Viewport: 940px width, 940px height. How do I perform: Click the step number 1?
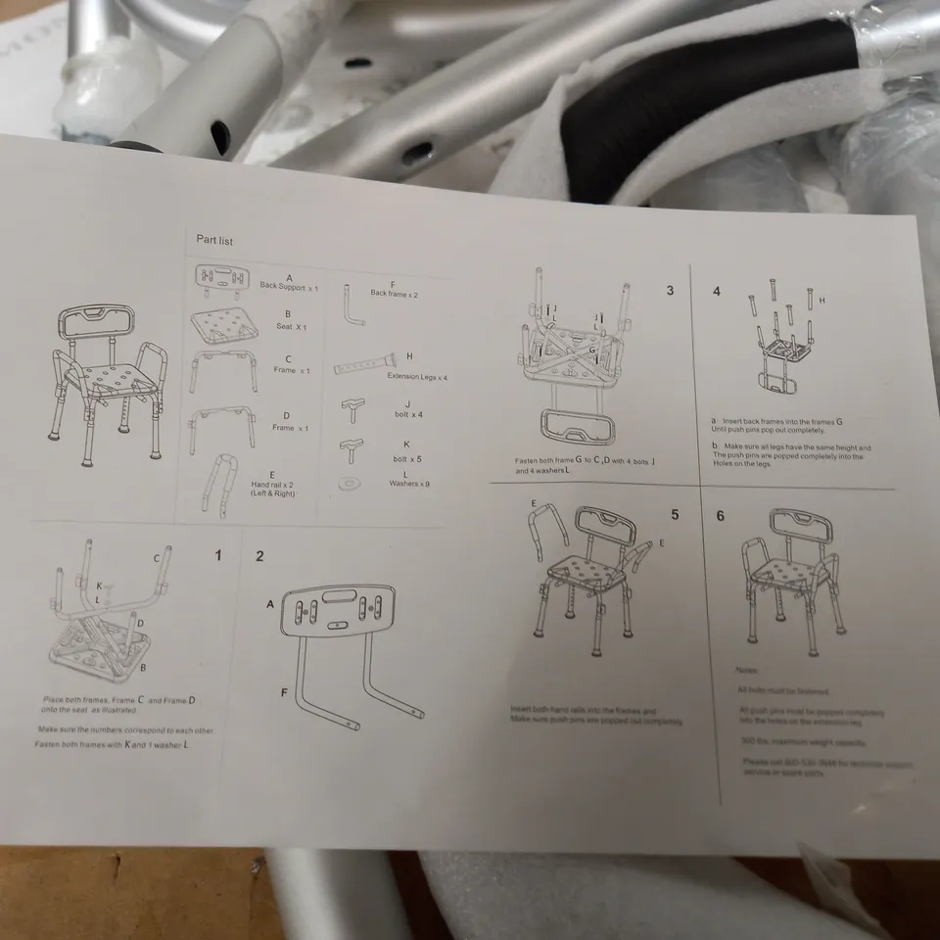(x=218, y=555)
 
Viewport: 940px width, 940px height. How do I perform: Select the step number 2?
(x=259, y=556)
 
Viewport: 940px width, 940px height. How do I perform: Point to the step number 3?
(x=670, y=290)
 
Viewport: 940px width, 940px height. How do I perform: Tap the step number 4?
(x=716, y=292)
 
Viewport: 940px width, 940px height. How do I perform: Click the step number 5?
(x=675, y=514)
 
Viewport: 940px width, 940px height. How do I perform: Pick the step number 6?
(x=720, y=516)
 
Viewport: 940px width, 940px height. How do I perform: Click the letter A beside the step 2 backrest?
(x=269, y=604)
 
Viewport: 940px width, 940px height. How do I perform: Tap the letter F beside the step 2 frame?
(x=283, y=692)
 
